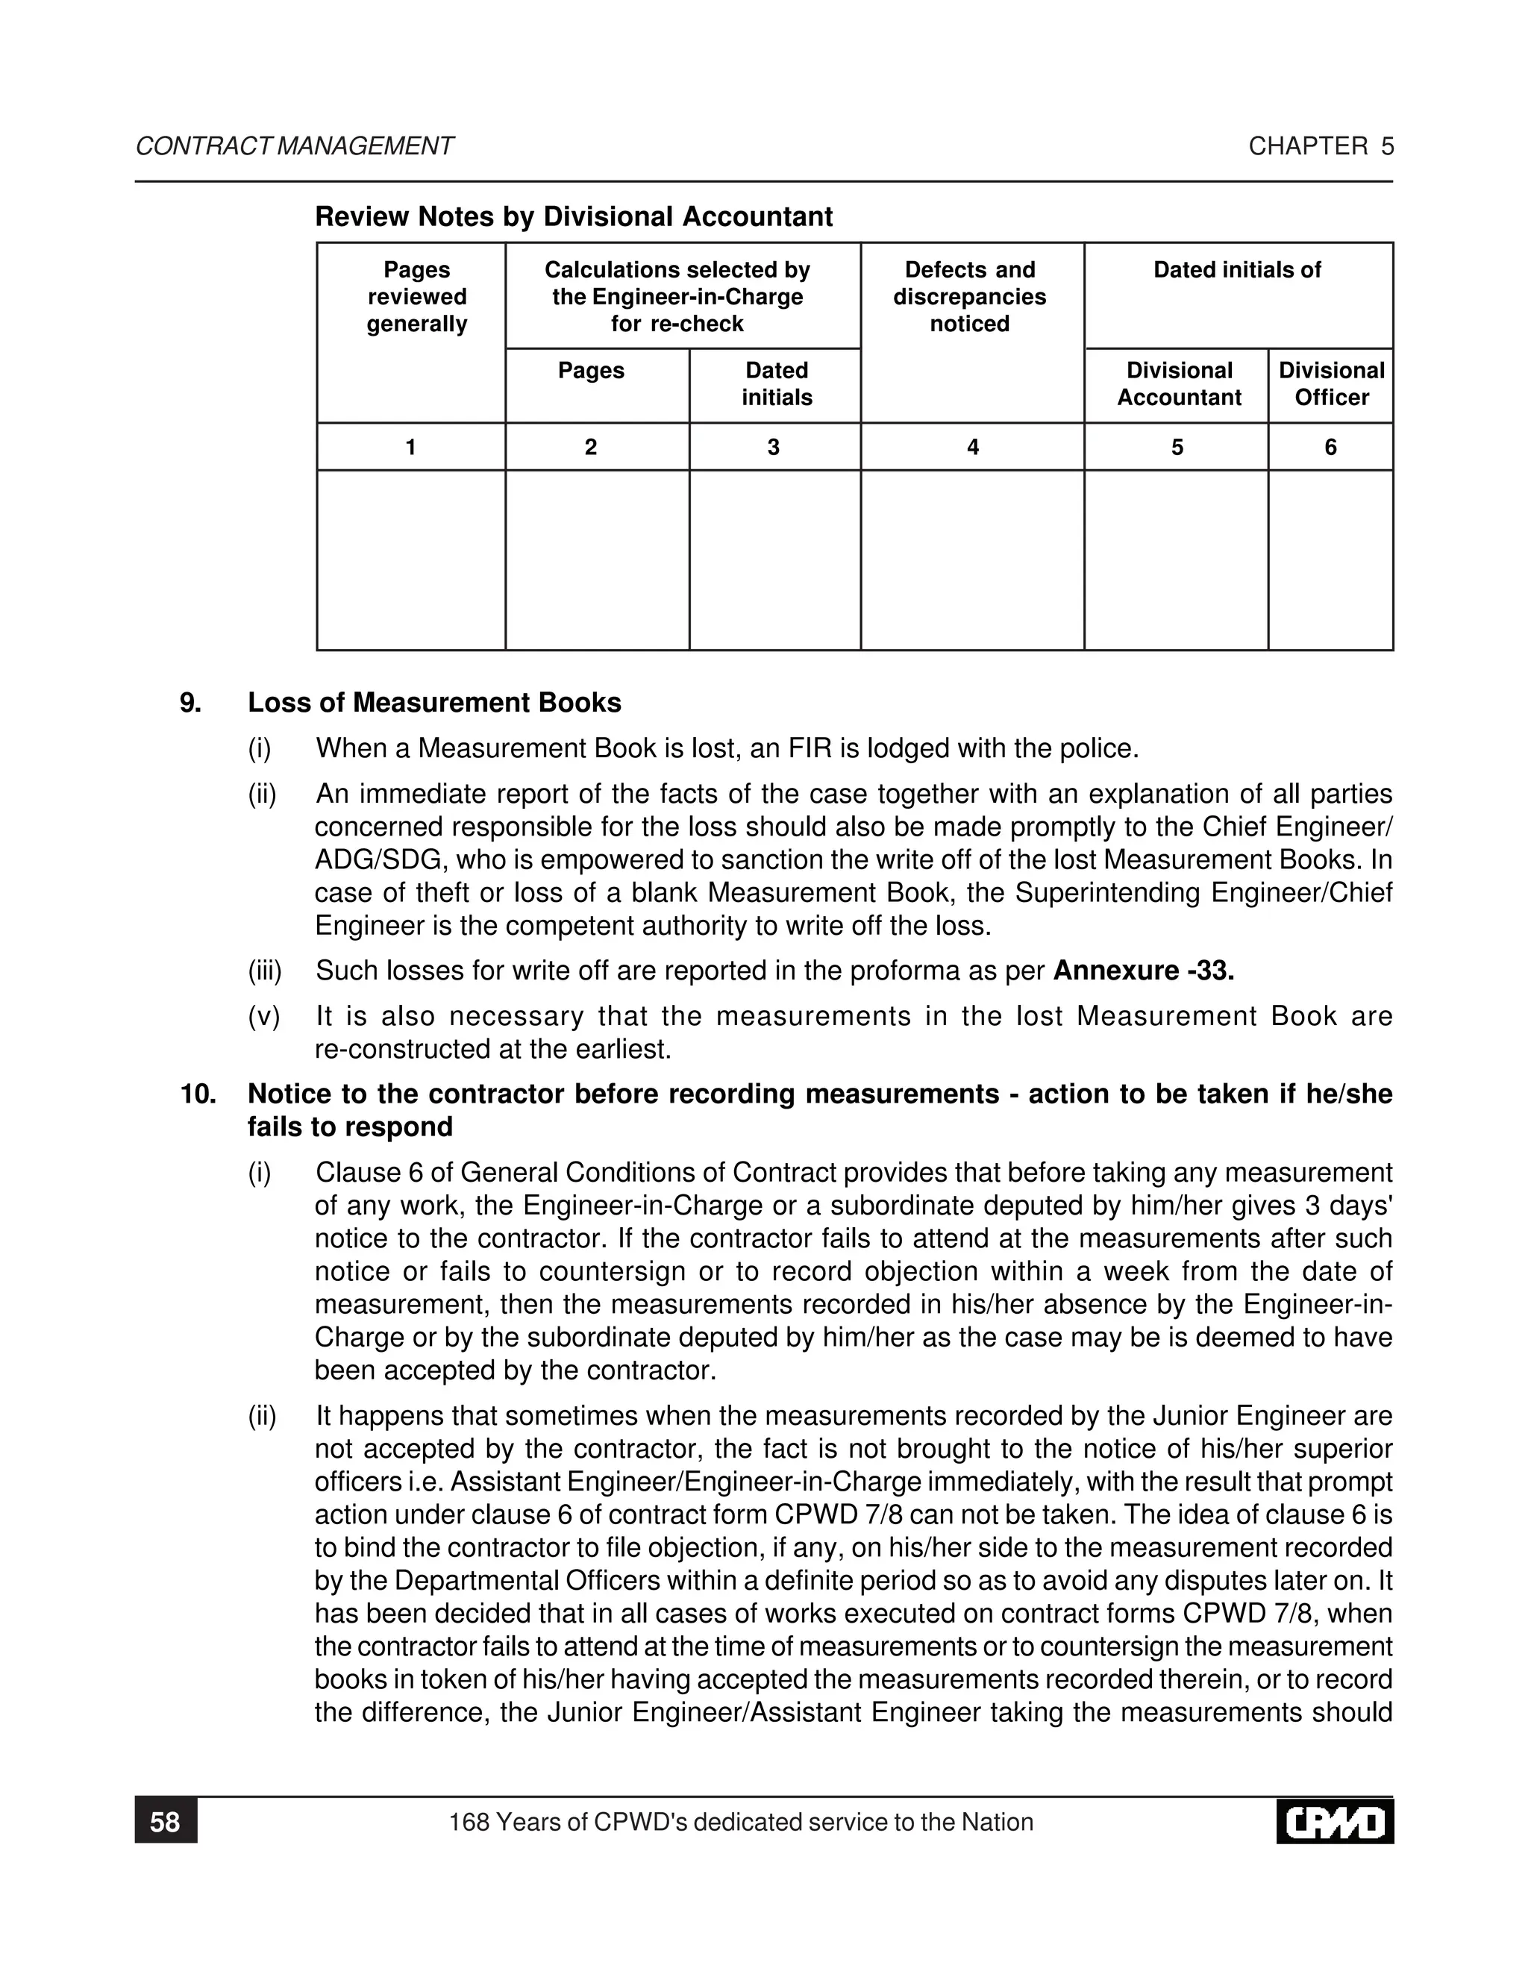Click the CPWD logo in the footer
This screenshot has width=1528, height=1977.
[x=1334, y=1823]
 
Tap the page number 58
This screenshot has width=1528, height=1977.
[x=166, y=1823]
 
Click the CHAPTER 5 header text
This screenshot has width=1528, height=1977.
[x=1321, y=147]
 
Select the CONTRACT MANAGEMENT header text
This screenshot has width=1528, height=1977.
[x=294, y=147]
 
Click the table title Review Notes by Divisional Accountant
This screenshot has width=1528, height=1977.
[x=573, y=217]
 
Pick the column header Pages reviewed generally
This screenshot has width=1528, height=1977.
[x=416, y=297]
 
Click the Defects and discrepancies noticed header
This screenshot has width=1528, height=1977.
[x=969, y=297]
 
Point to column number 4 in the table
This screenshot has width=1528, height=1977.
[x=972, y=447]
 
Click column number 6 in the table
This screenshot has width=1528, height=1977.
[x=1330, y=447]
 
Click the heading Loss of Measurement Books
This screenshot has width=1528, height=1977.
[x=434, y=704]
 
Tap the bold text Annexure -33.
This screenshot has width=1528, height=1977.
[x=1143, y=971]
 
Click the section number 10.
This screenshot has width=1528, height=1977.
[x=198, y=1094]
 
